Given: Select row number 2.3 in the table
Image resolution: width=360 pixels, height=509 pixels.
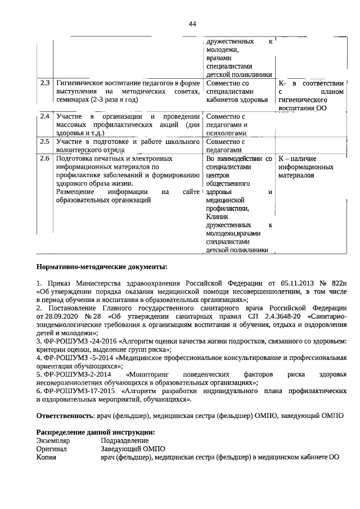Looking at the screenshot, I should point(45,83).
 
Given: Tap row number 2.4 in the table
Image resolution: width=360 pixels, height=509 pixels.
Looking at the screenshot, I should point(45,116).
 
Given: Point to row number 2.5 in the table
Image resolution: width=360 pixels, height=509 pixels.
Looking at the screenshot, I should point(45,142).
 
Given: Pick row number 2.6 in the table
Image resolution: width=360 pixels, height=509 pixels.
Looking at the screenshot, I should point(45,159).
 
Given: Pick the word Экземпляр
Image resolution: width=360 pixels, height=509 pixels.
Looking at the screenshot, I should point(53,440).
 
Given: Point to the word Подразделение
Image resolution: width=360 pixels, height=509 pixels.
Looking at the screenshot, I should point(125,440).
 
